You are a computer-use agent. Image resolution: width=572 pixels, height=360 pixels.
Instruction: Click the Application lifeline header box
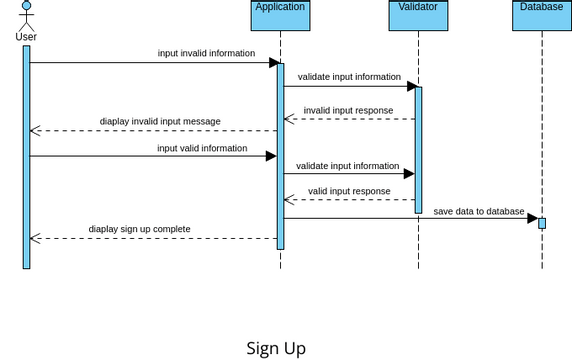coord(280,15)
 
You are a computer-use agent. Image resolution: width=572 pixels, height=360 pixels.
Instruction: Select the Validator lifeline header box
coord(418,15)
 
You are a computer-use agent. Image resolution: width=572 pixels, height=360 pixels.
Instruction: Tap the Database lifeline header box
coord(541,15)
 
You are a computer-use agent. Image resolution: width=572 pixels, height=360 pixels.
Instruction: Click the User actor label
coord(27,37)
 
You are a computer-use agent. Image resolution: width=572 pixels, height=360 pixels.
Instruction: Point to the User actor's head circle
coord(27,6)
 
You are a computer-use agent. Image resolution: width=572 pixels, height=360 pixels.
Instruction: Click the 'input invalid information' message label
coord(206,53)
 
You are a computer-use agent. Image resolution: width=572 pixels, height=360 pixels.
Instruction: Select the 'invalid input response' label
coord(348,110)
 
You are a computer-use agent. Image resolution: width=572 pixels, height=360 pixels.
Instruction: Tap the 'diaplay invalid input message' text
coord(160,121)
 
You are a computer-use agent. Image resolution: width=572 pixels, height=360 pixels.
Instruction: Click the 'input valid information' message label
coord(202,148)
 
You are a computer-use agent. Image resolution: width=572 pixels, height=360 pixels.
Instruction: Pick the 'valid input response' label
coord(349,191)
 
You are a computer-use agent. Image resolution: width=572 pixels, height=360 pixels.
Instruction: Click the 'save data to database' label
coord(478,211)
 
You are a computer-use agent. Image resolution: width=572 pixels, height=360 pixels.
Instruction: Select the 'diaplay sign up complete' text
coord(139,229)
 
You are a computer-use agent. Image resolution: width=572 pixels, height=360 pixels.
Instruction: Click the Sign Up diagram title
coord(276,348)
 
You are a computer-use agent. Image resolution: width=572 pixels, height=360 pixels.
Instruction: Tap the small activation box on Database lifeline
coord(542,222)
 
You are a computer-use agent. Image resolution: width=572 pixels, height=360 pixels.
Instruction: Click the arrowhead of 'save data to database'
coord(533,218)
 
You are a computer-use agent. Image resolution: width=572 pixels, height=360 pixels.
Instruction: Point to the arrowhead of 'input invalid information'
coord(273,63)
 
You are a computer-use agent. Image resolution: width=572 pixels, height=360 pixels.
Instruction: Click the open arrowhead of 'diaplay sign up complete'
coord(35,238)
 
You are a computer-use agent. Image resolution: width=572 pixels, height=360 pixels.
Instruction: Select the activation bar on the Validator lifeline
coord(418,150)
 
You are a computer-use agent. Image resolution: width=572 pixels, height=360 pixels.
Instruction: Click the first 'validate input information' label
coord(349,76)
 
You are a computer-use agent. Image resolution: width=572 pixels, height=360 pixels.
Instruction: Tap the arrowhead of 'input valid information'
coord(270,156)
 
